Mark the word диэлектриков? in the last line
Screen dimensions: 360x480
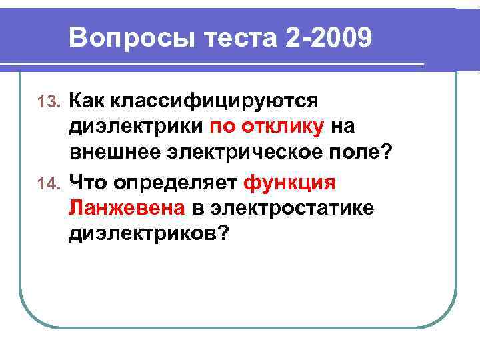tap(147, 233)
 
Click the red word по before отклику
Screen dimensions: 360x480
tap(223, 127)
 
